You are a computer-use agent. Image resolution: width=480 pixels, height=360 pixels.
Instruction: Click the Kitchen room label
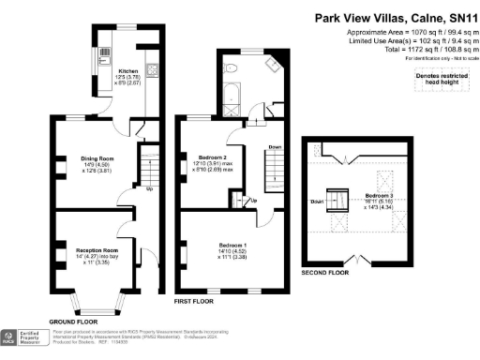pyautogui.click(x=127, y=71)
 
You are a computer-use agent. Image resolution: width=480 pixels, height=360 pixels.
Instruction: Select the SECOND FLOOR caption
pyautogui.click(x=325, y=272)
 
